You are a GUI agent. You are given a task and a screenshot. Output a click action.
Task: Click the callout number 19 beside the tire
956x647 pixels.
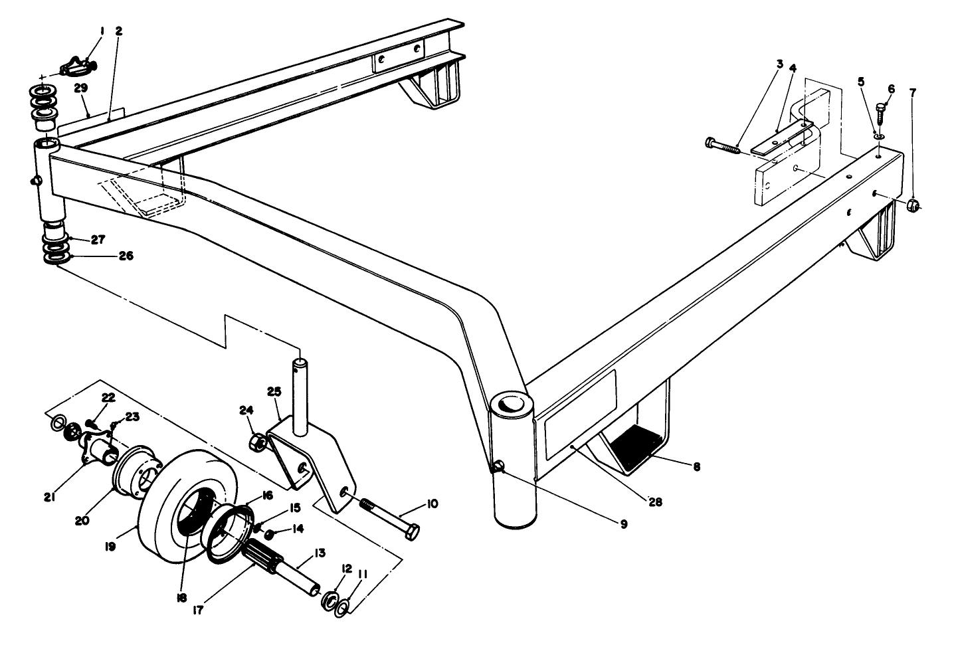110,546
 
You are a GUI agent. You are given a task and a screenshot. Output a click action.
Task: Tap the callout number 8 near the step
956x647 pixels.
696,467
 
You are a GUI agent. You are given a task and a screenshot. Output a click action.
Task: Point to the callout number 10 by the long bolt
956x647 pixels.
432,505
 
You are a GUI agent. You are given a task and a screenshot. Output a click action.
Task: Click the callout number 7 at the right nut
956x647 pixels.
912,92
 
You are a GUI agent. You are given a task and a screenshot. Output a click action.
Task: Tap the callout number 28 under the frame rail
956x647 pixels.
654,503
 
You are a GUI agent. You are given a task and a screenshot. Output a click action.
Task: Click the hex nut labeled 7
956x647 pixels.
913,206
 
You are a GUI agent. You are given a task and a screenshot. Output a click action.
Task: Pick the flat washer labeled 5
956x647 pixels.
878,136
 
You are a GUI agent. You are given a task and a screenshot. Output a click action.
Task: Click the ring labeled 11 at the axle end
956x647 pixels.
343,608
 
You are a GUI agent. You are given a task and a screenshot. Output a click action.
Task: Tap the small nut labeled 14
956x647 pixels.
270,534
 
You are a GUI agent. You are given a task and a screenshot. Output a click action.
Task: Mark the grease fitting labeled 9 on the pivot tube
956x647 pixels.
498,469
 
